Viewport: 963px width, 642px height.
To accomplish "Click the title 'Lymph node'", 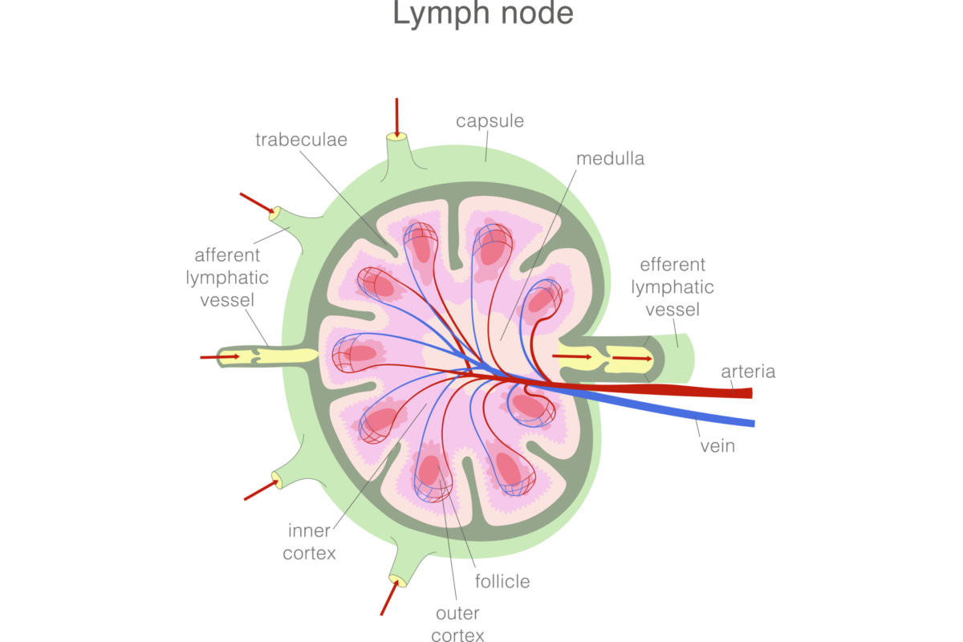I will pos(483,14).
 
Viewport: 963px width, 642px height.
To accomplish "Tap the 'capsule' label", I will pos(490,121).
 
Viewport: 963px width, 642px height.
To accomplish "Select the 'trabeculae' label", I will pos(301,140).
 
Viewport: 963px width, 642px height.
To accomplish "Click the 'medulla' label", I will pos(610,158).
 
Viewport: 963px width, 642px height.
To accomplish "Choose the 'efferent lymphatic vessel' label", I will pos(672,286).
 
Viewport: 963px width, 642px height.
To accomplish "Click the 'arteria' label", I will pos(748,372).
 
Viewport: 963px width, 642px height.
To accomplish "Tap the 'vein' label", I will pos(717,445).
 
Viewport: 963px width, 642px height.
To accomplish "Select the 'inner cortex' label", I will pos(309,542).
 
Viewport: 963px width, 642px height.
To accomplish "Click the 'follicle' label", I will pos(502,581).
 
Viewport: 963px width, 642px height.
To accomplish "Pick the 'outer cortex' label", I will pos(457,624).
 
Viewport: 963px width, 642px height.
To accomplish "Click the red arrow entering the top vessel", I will pos(397,116).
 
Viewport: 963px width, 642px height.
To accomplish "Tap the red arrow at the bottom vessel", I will pos(388,598).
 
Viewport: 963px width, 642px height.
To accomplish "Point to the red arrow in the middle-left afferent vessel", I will pos(220,356).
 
